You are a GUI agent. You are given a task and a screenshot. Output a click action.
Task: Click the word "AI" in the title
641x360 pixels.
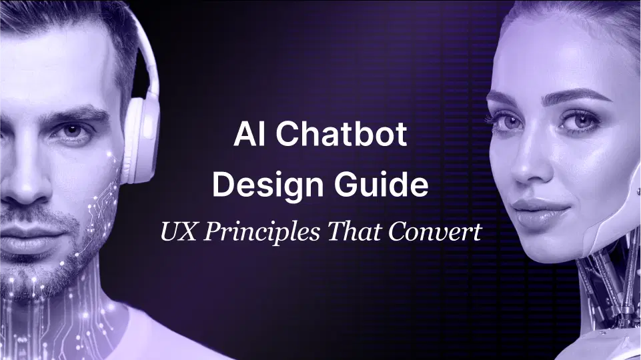click(246, 136)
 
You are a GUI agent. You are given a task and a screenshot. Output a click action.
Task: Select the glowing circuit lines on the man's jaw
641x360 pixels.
click(107, 200)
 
